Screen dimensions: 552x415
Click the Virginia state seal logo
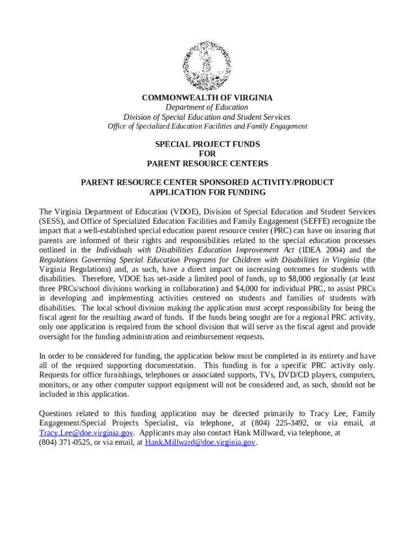coord(207,66)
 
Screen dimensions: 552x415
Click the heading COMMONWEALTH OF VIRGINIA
coord(207,98)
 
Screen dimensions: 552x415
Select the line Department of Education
coord(207,107)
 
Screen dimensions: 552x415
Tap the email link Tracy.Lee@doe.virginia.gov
coord(86,433)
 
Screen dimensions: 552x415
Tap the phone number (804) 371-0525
coord(65,443)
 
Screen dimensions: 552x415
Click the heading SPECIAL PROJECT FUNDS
coord(207,144)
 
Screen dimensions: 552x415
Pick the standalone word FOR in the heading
coord(207,154)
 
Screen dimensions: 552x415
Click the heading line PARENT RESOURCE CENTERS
coord(207,163)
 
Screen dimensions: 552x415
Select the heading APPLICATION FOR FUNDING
coord(207,192)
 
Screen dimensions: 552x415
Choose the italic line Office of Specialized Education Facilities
coord(207,126)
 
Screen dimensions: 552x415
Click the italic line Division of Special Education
coord(207,117)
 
